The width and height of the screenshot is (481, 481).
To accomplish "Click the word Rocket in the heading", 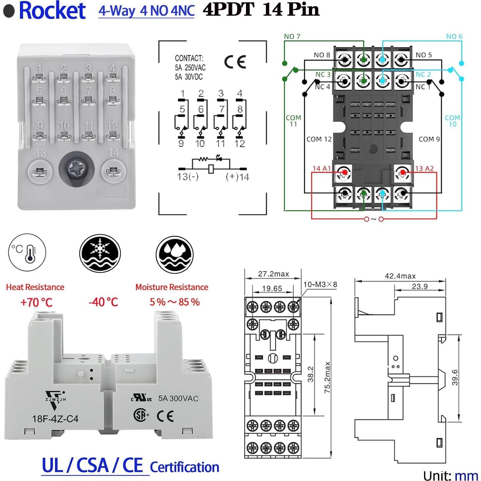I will coord(52,10).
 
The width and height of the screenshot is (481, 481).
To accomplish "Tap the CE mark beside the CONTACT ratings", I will coord(235,62).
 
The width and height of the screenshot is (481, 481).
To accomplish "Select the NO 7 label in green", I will coord(292,36).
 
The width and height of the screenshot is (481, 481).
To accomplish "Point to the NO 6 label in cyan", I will coord(454,36).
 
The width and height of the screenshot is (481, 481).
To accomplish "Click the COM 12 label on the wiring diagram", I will coord(319,139).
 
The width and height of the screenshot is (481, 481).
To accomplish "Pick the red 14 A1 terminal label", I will coord(321,168).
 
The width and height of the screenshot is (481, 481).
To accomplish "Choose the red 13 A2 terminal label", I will coord(424,168).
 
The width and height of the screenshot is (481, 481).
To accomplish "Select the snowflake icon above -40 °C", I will coord(100,253).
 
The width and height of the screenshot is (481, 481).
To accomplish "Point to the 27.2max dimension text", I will coord(273,274).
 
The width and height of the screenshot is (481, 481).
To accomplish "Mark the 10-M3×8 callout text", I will coord(320,284).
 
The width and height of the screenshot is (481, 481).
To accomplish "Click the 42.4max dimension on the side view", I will coord(400,276).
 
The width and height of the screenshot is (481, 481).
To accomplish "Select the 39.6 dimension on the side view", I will coord(455,377).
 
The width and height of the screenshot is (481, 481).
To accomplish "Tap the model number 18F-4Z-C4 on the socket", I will coord(55,419).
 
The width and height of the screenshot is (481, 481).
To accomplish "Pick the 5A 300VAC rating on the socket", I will coord(178,398).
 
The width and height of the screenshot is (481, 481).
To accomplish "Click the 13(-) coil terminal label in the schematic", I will coord(188,177).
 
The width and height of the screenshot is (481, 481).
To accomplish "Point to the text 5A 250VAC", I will coord(190,68).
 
